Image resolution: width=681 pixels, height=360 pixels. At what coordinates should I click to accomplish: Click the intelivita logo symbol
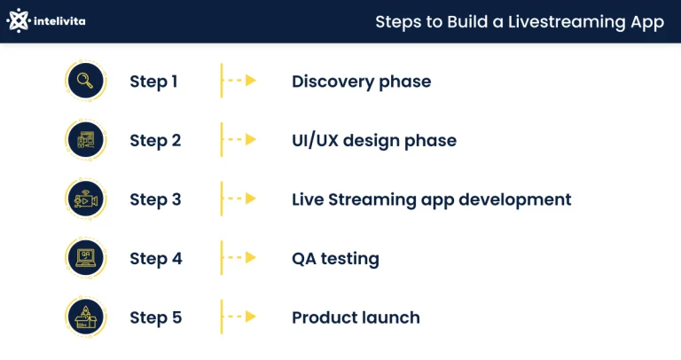(x=19, y=20)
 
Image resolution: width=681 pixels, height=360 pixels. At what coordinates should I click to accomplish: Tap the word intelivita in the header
(x=59, y=21)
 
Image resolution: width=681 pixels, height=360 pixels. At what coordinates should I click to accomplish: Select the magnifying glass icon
(x=85, y=81)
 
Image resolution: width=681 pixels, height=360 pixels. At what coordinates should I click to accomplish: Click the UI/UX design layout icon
(x=85, y=140)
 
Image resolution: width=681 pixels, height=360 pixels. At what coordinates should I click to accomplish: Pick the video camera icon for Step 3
(x=85, y=200)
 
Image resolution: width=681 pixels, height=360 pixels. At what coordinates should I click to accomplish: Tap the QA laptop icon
(x=85, y=258)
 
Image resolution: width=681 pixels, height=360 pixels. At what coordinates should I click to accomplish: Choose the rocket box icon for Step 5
(x=85, y=317)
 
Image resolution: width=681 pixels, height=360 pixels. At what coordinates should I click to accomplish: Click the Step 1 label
(x=153, y=82)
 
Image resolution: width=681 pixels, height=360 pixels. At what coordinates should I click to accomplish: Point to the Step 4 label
(x=156, y=259)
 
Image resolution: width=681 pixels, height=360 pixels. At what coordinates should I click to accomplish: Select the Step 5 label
(x=156, y=317)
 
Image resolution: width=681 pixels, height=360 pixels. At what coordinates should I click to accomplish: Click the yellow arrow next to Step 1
(x=242, y=81)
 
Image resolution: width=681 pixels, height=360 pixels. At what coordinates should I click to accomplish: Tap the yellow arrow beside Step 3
(x=242, y=199)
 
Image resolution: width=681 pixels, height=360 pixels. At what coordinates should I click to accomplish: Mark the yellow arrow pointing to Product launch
(x=242, y=317)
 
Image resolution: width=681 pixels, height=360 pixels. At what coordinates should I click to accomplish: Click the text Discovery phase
(x=362, y=82)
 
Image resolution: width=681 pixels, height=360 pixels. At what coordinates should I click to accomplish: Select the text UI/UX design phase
(x=374, y=141)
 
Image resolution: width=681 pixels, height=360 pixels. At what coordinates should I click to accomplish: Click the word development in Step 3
(x=514, y=200)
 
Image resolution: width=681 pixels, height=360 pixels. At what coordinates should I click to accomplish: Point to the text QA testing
(x=335, y=259)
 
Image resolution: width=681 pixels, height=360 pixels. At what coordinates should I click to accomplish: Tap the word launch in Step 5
(x=393, y=317)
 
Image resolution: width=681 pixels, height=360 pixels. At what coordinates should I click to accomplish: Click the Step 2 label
(x=155, y=141)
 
